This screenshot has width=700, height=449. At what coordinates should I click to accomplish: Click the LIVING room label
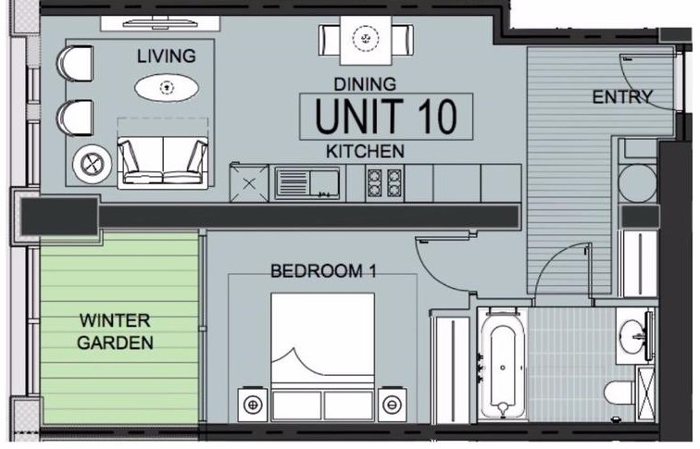pyautogui.click(x=166, y=56)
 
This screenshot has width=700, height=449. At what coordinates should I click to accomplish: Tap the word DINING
pyautogui.click(x=365, y=84)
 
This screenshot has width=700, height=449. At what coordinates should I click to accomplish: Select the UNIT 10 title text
pyautogui.click(x=386, y=117)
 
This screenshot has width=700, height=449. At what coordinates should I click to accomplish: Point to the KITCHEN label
pyautogui.click(x=365, y=151)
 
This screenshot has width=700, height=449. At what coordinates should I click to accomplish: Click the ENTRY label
pyautogui.click(x=622, y=97)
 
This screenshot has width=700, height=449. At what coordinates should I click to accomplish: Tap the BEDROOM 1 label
pyautogui.click(x=324, y=271)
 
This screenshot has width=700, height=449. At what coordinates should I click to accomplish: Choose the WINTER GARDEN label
pyautogui.click(x=115, y=331)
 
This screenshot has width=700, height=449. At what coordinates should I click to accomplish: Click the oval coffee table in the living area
pyautogui.click(x=167, y=88)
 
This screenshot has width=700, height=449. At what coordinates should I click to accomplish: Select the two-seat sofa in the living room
pyautogui.click(x=163, y=161)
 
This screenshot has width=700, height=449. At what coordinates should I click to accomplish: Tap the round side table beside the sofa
pyautogui.click(x=92, y=164)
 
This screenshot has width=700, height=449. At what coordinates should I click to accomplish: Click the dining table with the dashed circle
pyautogui.click(x=366, y=40)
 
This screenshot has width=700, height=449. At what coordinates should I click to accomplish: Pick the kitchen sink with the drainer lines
pyautogui.click(x=307, y=183)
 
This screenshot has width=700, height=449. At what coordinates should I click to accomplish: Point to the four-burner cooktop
pyautogui.click(x=384, y=183)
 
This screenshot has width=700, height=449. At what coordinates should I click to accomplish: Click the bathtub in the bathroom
pyautogui.click(x=502, y=365)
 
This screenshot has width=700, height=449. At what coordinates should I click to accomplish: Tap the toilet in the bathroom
pyautogui.click(x=619, y=392)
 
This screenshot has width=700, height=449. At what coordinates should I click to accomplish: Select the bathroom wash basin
pyautogui.click(x=633, y=334)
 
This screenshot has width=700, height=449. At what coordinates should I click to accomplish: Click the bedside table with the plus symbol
pyautogui.click(x=253, y=405)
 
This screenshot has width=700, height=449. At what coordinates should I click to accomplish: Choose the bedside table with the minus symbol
pyautogui.click(x=392, y=405)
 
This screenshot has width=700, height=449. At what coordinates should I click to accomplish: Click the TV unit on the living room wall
pyautogui.click(x=160, y=23)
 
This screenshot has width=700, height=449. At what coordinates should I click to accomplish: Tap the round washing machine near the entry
pyautogui.click(x=637, y=183)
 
